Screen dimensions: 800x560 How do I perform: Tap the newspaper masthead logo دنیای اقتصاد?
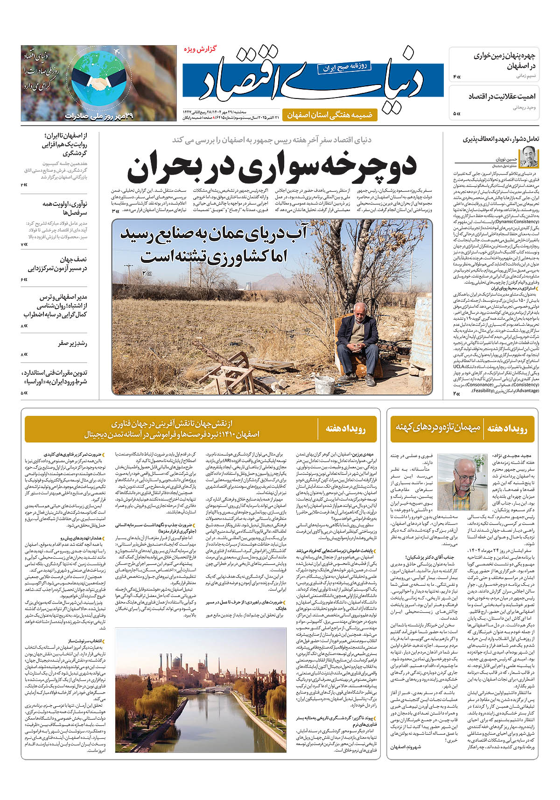[313, 77]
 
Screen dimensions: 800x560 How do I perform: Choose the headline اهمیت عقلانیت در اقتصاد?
[502, 96]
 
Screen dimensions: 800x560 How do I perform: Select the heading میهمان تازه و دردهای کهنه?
[438, 427]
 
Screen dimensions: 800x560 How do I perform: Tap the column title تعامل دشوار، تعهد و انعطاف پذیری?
[501, 139]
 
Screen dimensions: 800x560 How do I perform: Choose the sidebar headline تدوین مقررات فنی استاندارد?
[55, 377]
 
